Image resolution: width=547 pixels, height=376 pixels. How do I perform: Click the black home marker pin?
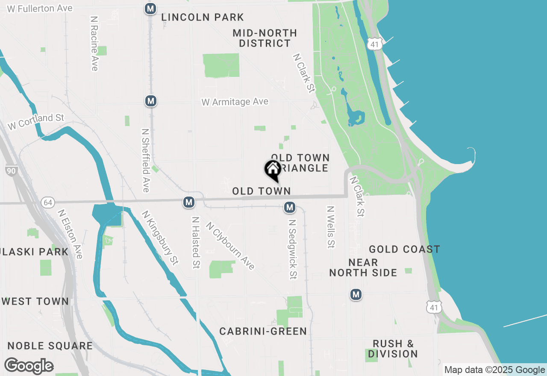point(273,170)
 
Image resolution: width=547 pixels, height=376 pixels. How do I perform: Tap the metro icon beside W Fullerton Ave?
point(150,9)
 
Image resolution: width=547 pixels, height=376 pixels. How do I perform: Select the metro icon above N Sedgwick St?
point(290,208)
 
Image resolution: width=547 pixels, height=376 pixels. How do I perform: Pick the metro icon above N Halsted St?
point(189,202)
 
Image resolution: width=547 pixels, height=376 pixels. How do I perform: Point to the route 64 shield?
point(47,202)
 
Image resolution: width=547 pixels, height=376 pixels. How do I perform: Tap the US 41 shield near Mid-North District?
point(374,44)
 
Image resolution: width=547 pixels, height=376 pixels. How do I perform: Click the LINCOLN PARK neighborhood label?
point(203,18)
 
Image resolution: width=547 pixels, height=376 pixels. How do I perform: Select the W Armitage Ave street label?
point(235,102)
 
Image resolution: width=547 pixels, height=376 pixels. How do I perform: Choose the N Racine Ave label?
point(94,44)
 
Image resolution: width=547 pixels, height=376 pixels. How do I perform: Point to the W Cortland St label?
point(36,121)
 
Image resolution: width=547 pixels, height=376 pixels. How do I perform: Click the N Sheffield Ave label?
point(146,161)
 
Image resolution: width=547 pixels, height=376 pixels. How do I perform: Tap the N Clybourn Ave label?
point(230,245)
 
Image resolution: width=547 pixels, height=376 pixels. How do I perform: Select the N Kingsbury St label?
point(159,238)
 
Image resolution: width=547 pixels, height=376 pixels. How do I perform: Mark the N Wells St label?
point(330,227)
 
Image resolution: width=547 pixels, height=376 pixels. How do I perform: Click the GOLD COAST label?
point(404,249)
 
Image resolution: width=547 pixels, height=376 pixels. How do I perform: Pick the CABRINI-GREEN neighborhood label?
point(263,331)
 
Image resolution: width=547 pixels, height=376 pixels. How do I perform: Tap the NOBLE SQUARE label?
point(50,346)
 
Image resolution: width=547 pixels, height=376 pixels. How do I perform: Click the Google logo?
point(29,366)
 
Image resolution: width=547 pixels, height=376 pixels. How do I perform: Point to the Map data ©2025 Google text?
point(494,370)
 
